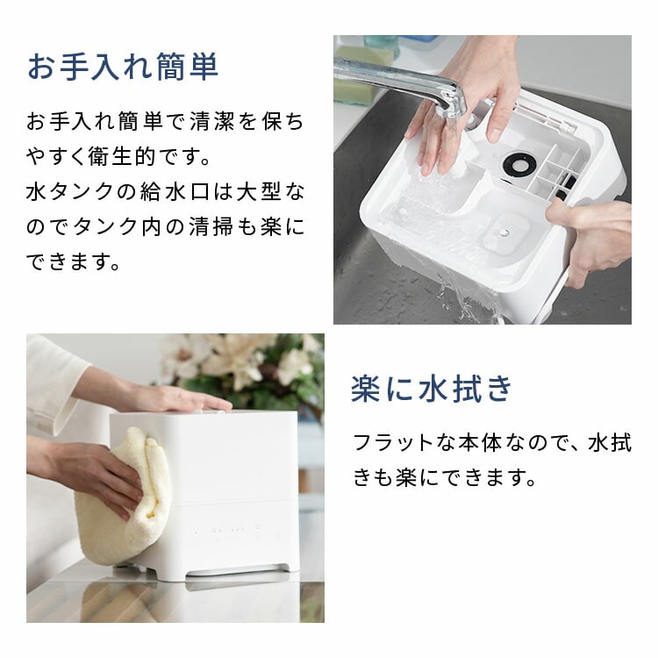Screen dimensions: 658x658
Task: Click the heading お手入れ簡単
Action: [123, 67]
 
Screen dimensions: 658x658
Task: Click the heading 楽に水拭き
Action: [432, 389]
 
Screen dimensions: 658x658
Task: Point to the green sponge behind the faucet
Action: [354, 75]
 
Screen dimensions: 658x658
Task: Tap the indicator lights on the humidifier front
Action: [226, 530]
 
